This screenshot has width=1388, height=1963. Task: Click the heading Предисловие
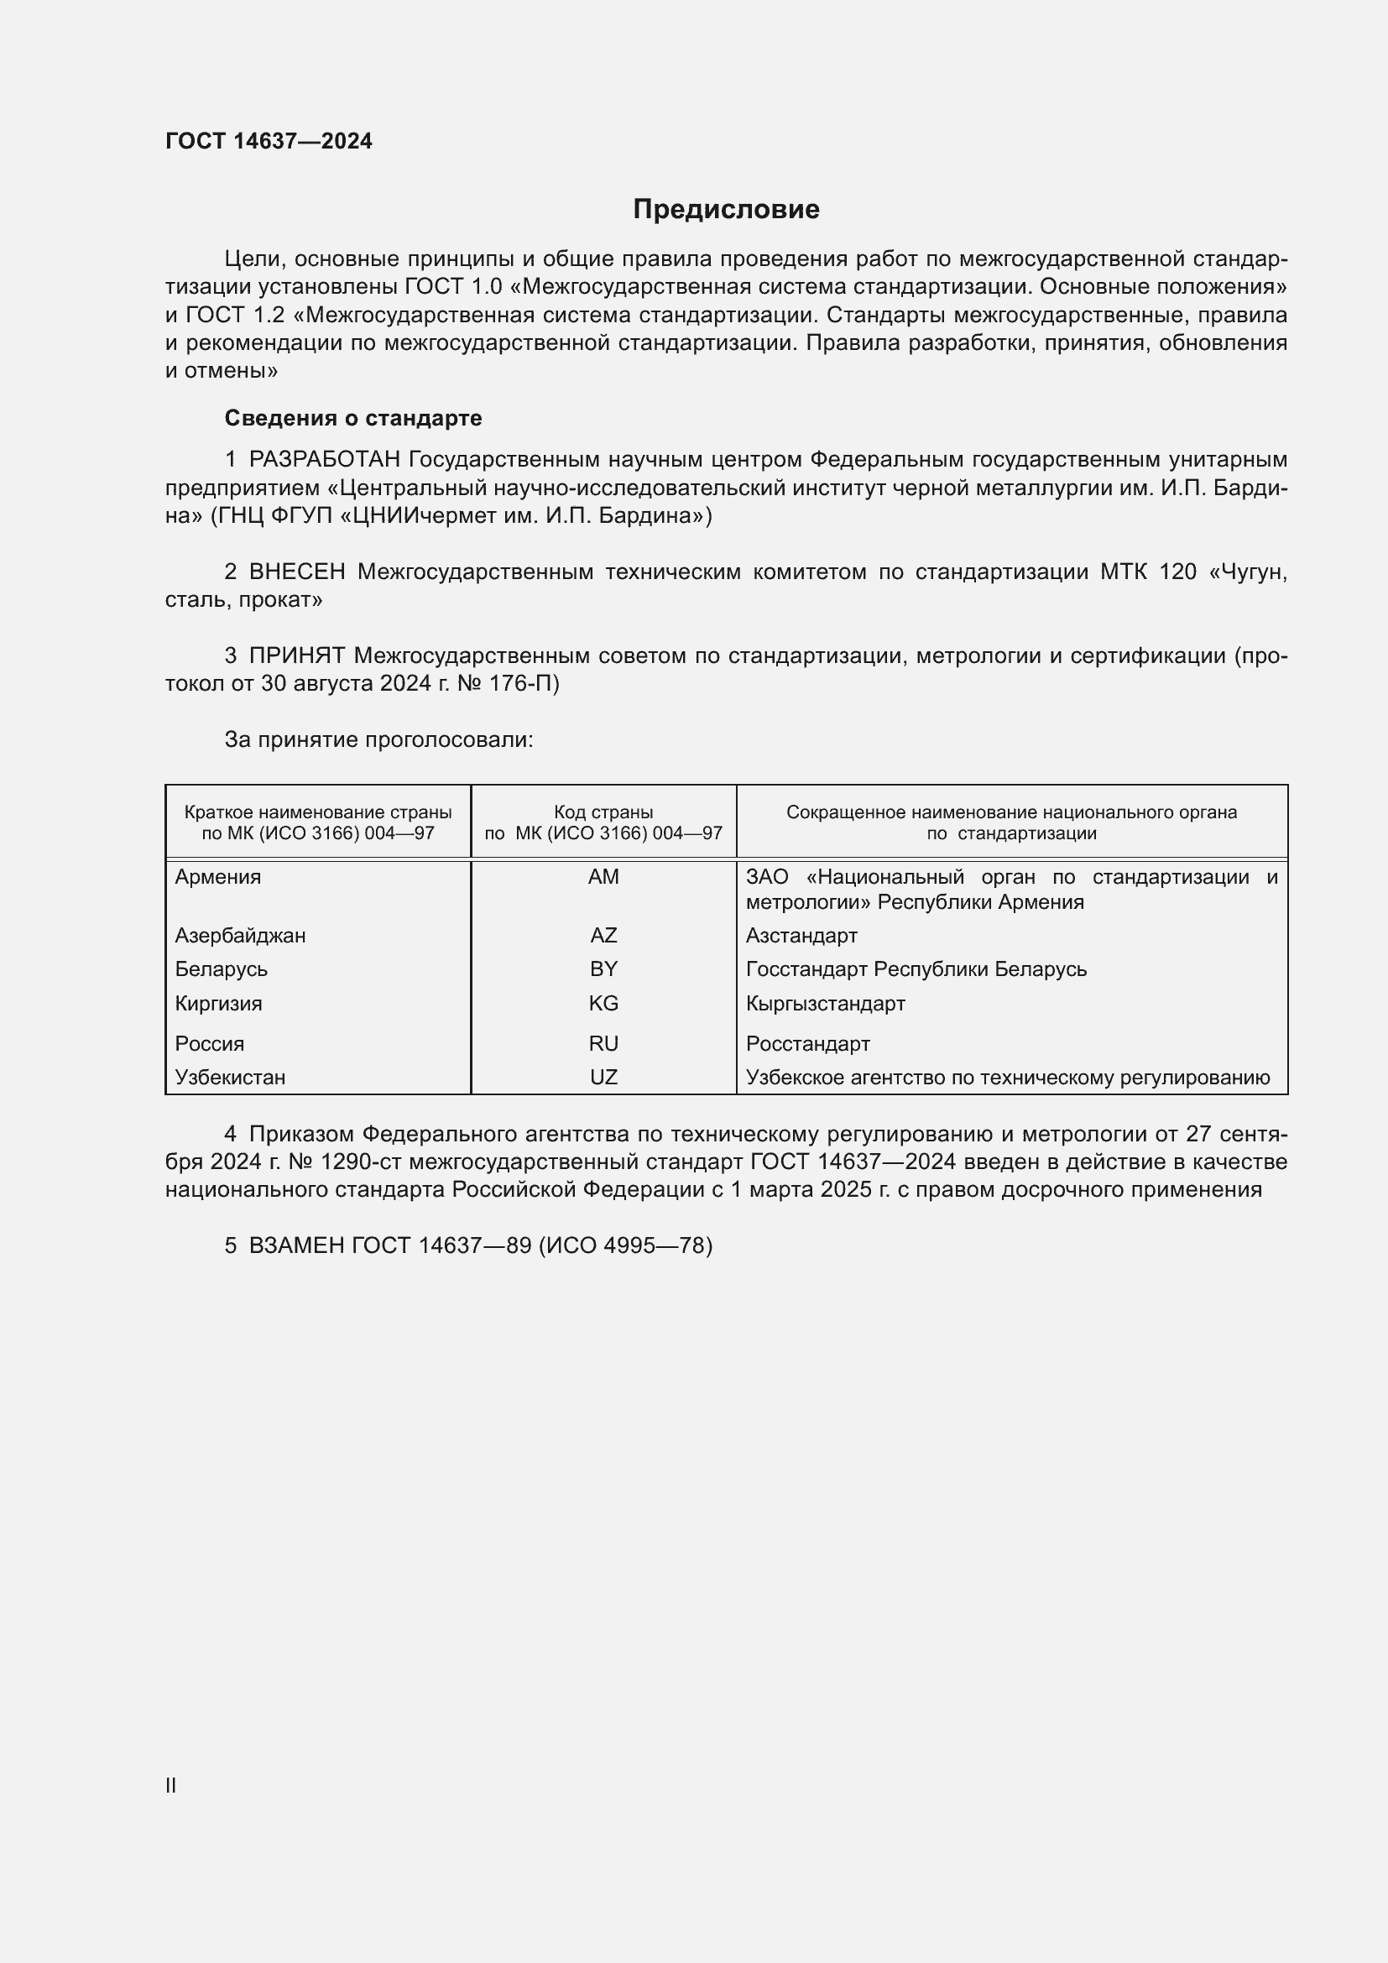click(726, 210)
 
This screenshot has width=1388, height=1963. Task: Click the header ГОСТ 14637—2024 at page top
click(269, 141)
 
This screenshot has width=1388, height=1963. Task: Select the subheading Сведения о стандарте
click(353, 418)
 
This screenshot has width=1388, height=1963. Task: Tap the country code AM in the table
click(603, 877)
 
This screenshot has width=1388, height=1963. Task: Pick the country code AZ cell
click(603, 935)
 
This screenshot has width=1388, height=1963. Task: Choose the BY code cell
click(603, 969)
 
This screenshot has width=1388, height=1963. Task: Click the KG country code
click(603, 1004)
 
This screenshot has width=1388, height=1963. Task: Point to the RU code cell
click(603, 1044)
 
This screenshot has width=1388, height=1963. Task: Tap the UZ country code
click(603, 1078)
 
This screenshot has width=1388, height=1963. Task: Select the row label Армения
click(218, 877)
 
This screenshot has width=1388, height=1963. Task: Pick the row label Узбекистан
click(230, 1078)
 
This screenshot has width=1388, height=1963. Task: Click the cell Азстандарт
click(801, 935)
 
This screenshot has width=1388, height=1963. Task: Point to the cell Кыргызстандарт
click(825, 1004)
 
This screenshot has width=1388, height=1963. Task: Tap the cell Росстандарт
click(807, 1044)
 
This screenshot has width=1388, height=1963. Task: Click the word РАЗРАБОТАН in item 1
click(325, 460)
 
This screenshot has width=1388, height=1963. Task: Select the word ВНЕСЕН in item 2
click(297, 572)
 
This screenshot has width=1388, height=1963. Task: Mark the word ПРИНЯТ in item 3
click(296, 655)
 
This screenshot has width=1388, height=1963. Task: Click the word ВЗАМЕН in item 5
click(296, 1245)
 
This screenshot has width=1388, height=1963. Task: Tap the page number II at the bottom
click(171, 1785)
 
